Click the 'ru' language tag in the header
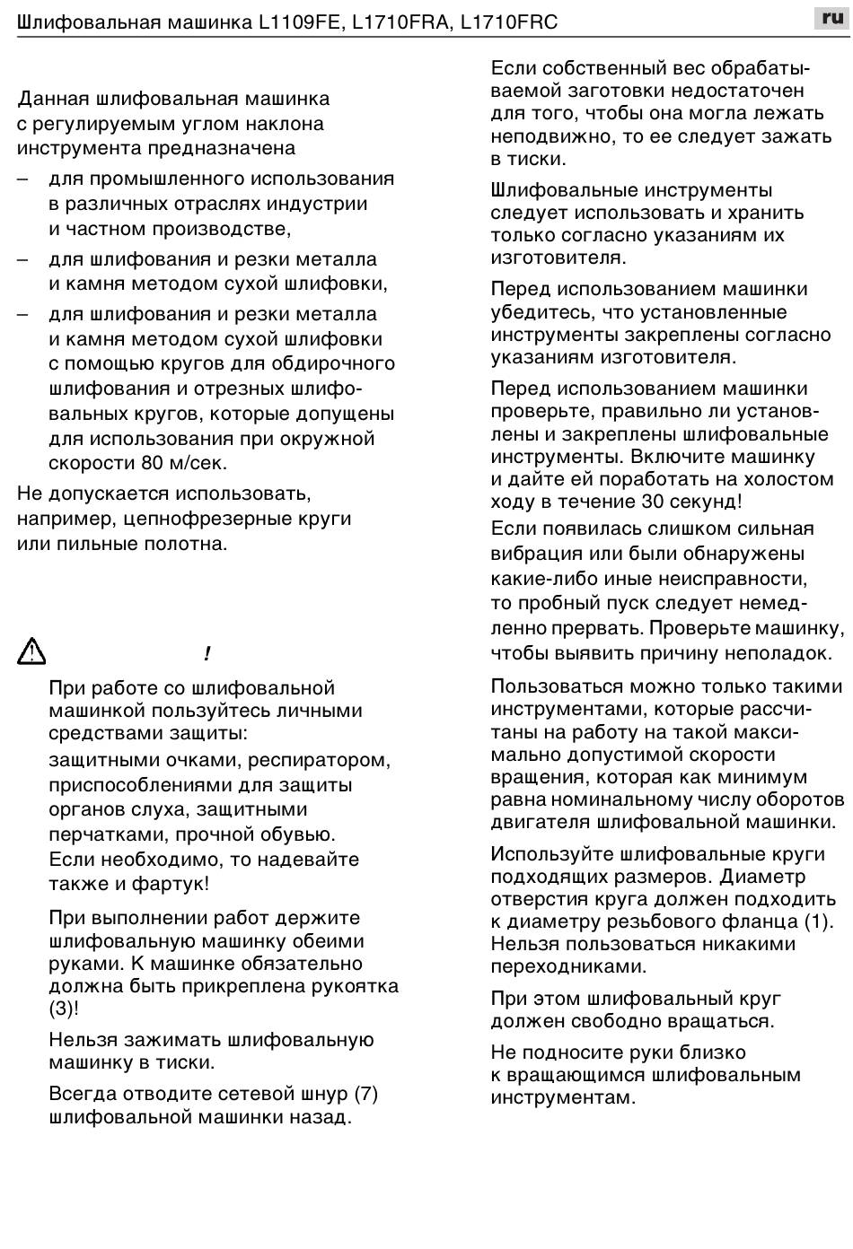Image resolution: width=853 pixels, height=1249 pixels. point(831,18)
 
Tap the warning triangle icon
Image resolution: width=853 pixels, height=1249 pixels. point(31,651)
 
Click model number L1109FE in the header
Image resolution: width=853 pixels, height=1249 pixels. point(300,22)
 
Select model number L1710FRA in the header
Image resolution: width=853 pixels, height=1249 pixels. point(400,22)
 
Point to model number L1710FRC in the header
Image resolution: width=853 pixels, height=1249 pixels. point(508,22)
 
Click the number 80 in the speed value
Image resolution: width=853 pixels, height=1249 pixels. point(152,464)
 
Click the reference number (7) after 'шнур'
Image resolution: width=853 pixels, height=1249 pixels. point(365,1094)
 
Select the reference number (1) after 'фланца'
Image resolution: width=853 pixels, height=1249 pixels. point(818,921)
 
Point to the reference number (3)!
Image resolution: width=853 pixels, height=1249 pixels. point(64,1009)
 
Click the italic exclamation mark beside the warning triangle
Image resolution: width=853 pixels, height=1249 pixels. point(207,654)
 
